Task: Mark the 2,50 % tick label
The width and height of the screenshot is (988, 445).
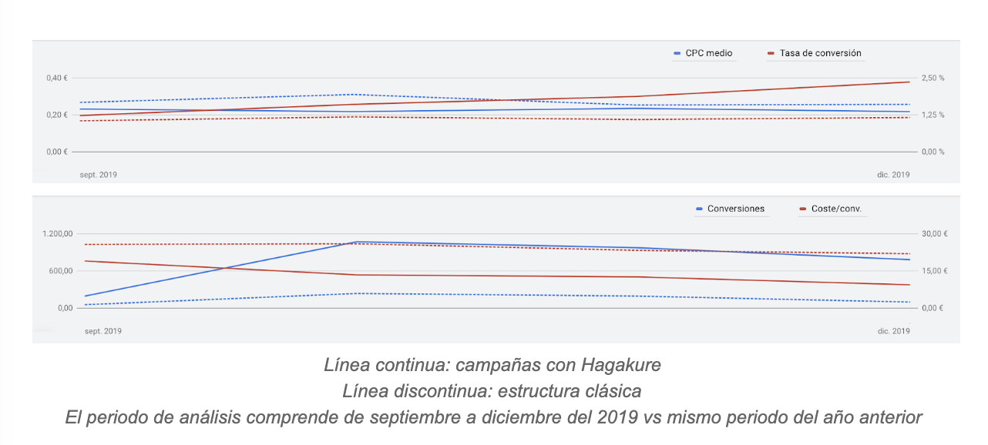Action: point(933,78)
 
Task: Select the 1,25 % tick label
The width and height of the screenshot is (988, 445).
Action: point(933,115)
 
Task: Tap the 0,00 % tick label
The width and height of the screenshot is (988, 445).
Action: point(933,152)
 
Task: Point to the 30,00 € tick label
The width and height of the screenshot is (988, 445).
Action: point(935,234)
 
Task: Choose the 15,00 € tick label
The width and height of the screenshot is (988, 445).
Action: point(935,271)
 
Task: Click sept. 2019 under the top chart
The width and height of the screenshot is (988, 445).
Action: point(99,175)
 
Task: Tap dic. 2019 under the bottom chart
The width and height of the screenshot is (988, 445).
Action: point(893,331)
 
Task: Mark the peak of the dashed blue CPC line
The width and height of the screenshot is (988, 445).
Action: point(351,94)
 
